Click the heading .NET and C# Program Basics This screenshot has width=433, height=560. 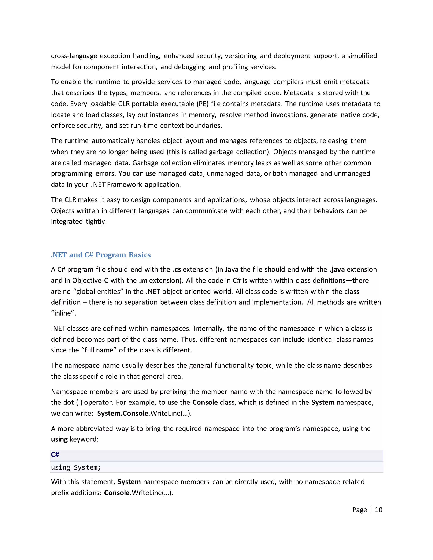101,255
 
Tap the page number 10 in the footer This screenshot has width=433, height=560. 378,510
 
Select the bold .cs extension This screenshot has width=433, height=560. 177,269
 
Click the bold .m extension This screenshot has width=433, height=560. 143,280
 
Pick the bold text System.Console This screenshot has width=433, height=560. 123,414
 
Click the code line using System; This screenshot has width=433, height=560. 76,467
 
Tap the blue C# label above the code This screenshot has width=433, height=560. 55,455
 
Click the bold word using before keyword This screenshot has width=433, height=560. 59,440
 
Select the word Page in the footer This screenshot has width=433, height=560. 360,510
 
